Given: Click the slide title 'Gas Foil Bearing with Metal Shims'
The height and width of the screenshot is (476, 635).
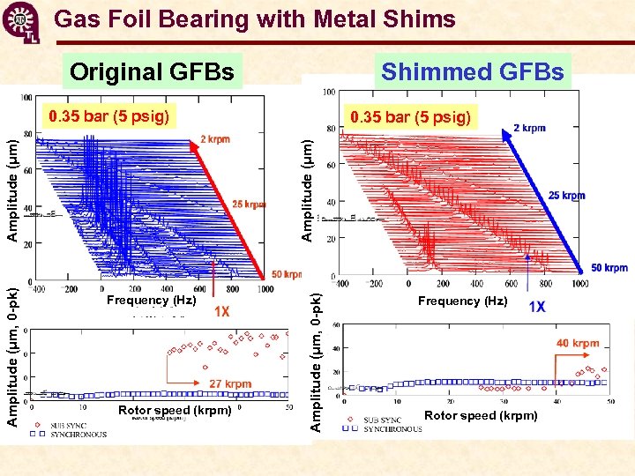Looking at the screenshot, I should [254, 19].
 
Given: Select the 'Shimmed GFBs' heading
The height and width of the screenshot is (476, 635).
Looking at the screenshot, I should [472, 71].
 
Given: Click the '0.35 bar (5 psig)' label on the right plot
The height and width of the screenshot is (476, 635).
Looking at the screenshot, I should [410, 116].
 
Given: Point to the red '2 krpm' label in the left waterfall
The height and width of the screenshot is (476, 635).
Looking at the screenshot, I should [215, 139].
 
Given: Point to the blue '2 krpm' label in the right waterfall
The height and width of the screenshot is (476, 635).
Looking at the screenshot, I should [529, 128].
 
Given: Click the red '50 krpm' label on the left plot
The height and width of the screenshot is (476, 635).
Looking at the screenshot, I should [288, 275].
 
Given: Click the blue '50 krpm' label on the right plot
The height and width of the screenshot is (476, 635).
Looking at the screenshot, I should [609, 267].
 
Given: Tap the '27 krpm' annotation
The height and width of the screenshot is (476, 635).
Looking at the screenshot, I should [230, 383].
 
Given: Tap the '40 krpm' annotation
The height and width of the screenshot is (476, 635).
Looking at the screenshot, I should [578, 343].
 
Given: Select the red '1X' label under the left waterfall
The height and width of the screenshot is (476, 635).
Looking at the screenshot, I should [221, 311].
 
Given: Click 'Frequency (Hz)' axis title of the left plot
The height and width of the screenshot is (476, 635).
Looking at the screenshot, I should [151, 301].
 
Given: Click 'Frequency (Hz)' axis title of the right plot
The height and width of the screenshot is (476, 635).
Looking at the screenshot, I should [463, 301].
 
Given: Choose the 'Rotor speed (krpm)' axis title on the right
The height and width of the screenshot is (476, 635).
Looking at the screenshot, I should [481, 415].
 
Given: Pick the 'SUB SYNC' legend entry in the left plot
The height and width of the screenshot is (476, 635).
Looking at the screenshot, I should [71, 425].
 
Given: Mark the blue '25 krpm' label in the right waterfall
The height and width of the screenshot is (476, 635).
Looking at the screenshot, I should [566, 196].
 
